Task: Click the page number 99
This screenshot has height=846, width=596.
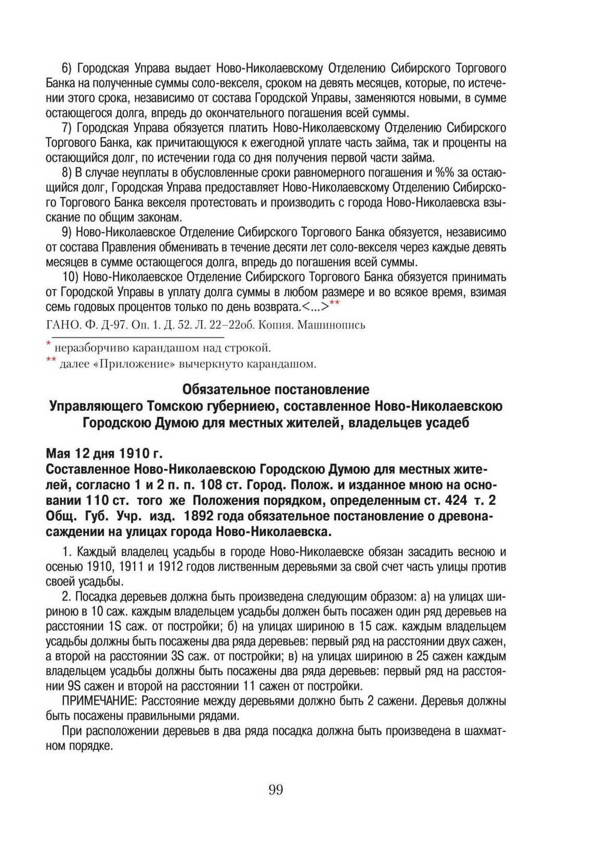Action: click(x=276, y=790)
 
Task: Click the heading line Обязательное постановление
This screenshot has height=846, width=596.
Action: click(x=276, y=389)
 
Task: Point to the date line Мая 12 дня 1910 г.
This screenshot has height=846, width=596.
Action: click(x=97, y=451)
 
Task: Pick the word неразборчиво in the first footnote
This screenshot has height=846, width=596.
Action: click(x=83, y=348)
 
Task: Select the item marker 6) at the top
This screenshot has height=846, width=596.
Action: click(x=69, y=68)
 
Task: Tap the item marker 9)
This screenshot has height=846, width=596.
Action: click(x=69, y=232)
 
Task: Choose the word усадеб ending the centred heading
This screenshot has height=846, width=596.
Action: click(x=448, y=423)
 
